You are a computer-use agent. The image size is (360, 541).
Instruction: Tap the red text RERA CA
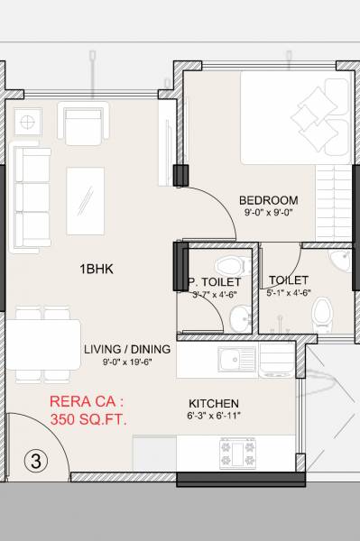point(87,402)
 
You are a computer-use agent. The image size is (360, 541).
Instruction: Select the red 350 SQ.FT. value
point(88,420)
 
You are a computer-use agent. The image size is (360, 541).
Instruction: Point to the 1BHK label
point(96,269)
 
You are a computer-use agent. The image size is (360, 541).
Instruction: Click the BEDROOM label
point(268,199)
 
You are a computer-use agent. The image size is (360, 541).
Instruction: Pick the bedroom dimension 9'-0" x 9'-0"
point(268,213)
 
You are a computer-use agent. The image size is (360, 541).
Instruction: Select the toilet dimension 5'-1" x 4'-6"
point(288,293)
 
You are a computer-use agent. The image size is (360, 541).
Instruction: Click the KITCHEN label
point(213,402)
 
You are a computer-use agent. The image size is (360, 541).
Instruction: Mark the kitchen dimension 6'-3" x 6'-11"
point(213,416)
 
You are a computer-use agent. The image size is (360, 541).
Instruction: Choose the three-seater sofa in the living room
point(34,197)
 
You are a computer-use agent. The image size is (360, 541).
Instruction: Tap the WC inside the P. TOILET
point(230,265)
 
